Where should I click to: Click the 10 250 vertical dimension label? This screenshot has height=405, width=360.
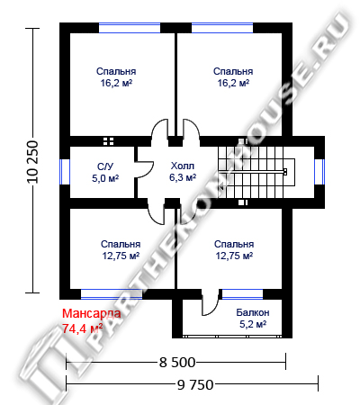click(32, 162)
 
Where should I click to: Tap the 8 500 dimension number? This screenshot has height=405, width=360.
click(177, 363)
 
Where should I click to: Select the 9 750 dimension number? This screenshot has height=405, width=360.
click(195, 384)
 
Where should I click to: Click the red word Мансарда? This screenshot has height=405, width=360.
click(92, 313)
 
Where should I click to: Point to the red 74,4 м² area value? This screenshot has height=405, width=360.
click(83, 328)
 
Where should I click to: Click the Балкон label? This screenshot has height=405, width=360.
click(253, 312)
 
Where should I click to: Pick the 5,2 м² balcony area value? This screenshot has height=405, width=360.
click(253, 324)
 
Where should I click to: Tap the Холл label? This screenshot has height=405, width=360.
click(183, 166)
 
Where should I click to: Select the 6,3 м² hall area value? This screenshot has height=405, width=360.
click(183, 177)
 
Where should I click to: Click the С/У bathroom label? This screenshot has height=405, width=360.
click(105, 166)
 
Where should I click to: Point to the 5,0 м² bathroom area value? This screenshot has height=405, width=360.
click(105, 178)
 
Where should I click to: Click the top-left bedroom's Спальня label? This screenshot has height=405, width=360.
click(116, 71)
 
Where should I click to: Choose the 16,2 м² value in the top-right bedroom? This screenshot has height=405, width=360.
click(233, 83)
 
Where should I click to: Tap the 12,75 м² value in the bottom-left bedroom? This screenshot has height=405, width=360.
click(121, 256)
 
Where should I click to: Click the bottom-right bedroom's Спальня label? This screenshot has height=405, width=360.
click(234, 244)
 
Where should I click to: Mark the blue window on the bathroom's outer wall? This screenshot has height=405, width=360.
click(65, 172)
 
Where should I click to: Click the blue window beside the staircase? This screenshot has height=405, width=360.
click(319, 172)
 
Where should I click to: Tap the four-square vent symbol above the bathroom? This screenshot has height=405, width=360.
click(108, 141)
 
